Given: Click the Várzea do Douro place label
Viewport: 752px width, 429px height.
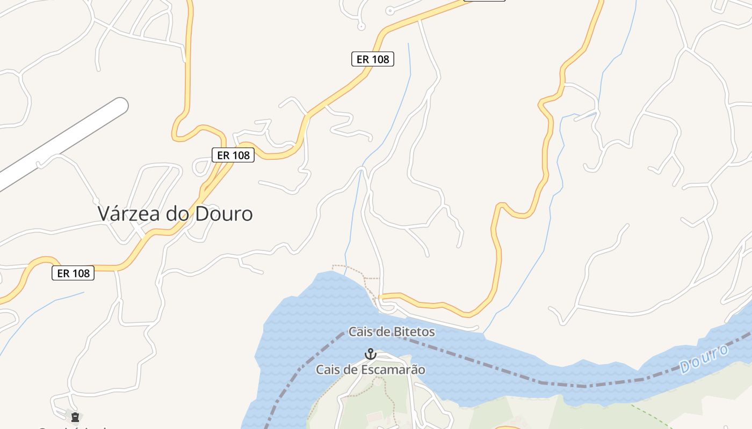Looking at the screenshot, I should tap(175, 213).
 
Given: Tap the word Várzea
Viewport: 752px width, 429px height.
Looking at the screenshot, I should tap(129, 213).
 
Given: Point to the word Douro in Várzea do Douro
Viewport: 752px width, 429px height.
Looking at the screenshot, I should tap(223, 213).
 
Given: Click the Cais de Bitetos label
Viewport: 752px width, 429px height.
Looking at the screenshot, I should tap(392, 332).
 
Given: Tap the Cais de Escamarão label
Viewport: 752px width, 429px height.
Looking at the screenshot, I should tap(370, 369).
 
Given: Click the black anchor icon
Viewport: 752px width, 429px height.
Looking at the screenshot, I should tap(370, 354).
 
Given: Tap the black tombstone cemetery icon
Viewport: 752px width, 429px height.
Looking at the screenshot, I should tap(75, 417).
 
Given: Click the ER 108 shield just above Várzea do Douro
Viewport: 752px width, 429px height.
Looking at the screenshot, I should tap(233, 155).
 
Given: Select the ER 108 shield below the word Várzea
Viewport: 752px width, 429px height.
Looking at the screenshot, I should tap(73, 273).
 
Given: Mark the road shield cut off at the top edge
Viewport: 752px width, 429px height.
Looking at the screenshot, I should tap(484, 1).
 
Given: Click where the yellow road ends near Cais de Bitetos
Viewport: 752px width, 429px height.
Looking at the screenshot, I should tap(380, 295).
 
